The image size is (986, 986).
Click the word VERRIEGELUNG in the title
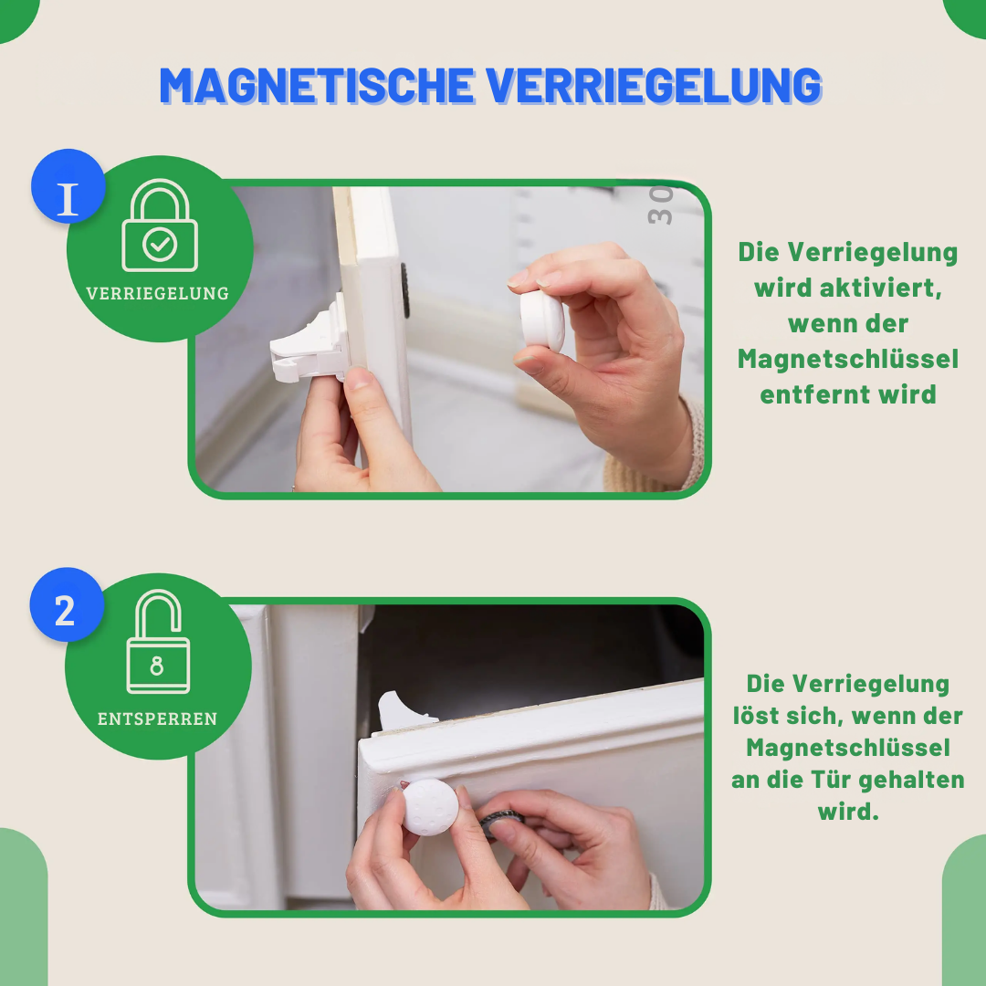pyautogui.click(x=654, y=86)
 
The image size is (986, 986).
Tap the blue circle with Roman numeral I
pyautogui.click(x=68, y=186)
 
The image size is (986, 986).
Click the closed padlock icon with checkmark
pyautogui.click(x=160, y=228)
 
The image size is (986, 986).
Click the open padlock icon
pyautogui.click(x=158, y=644)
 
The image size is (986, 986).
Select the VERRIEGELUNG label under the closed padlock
pyautogui.click(x=158, y=294)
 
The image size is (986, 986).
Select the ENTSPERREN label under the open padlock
pyautogui.click(x=158, y=719)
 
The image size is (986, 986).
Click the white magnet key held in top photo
pyautogui.click(x=542, y=320)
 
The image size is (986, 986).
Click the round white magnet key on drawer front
pyautogui.click(x=430, y=806)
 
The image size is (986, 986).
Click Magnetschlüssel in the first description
pyautogui.click(x=848, y=360)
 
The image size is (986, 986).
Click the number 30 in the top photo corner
pyautogui.click(x=659, y=205)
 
